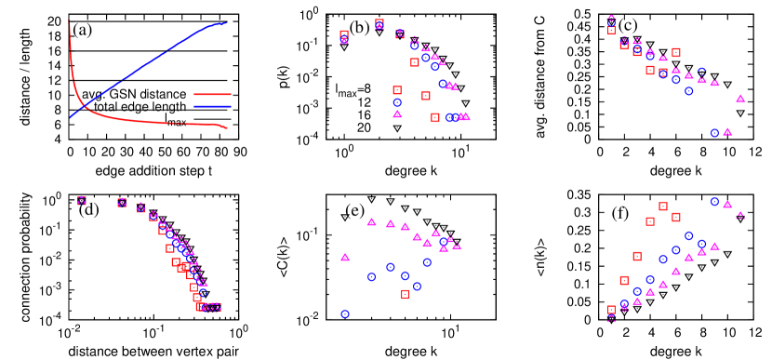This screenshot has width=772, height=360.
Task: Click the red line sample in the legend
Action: coord(212,94)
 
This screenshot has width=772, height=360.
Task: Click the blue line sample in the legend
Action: coord(212,106)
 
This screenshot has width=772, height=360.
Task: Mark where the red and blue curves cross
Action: coord(83,106)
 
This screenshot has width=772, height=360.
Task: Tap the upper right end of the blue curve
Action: coord(228,22)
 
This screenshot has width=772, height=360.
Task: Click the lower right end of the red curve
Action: coord(228,128)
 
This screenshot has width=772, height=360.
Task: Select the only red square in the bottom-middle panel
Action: coord(405,294)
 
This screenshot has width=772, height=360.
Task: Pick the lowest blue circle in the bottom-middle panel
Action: coord(345,314)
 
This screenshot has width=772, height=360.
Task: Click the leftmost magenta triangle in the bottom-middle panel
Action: coord(345,257)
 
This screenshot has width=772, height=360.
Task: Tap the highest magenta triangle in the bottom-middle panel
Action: coord(371,221)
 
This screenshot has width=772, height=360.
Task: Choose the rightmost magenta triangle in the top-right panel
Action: coord(740,98)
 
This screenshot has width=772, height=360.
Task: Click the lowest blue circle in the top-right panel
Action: coord(714,133)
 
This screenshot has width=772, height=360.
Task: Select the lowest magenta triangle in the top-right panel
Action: coord(727,131)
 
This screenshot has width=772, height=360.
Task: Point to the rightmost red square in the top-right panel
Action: coord(676,52)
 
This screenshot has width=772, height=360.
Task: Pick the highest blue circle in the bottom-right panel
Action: coord(714,201)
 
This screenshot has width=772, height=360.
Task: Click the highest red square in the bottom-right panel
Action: coord(663,207)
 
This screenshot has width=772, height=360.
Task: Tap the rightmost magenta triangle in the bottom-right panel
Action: coord(740,215)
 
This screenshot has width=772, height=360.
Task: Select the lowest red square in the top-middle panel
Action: coord(435,117)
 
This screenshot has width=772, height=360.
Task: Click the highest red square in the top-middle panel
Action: coord(379,23)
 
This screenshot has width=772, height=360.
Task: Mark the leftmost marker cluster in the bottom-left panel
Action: coord(82,200)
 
